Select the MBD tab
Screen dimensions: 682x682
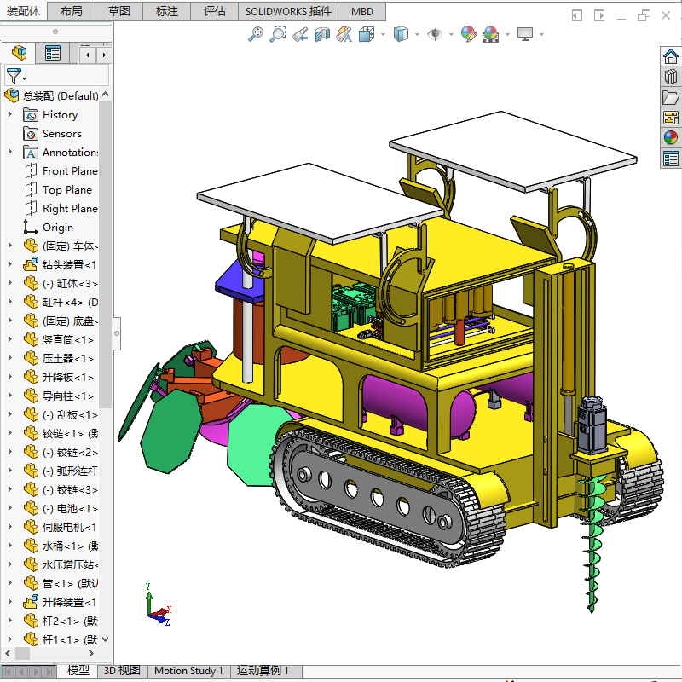[x=361, y=11]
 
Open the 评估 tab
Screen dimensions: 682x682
[x=215, y=11]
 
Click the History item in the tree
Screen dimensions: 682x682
[x=60, y=115]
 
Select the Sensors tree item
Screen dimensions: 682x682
[x=61, y=134]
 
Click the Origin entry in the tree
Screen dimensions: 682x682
[x=57, y=228]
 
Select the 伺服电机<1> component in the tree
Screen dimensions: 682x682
[x=68, y=528]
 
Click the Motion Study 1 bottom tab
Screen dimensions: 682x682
[x=188, y=671]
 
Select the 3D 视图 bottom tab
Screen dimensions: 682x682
[x=122, y=671]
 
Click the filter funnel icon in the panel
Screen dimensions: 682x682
[x=14, y=76]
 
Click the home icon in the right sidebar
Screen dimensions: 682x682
[x=670, y=57]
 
